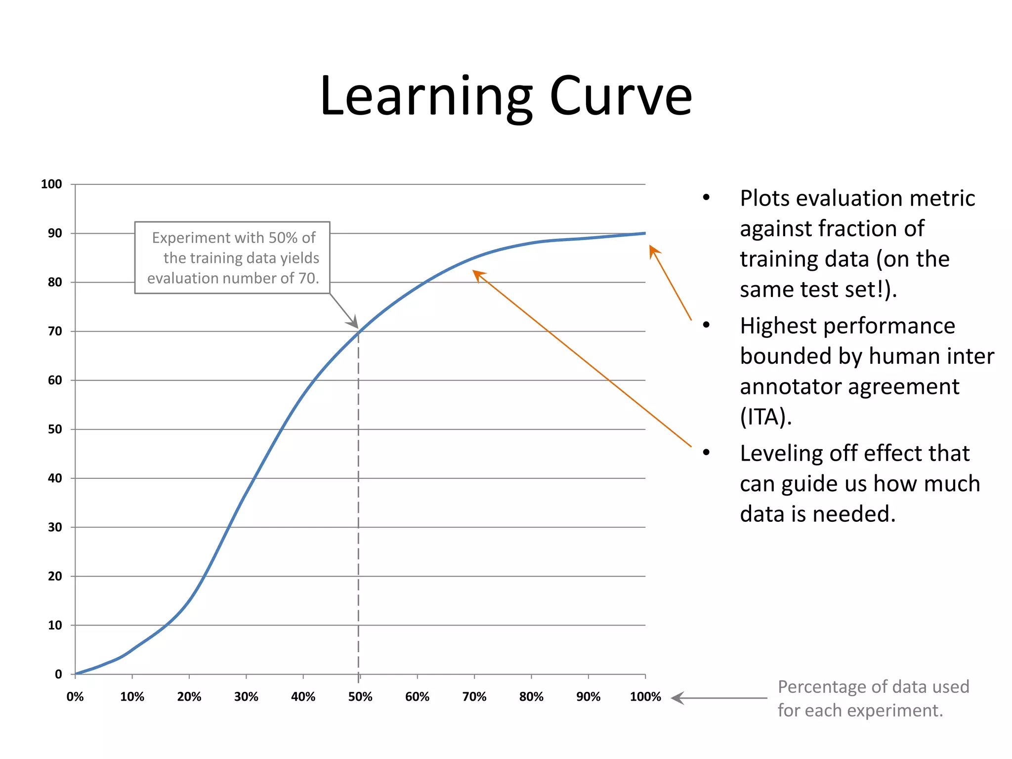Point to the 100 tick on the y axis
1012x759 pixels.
click(51, 184)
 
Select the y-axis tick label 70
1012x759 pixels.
click(55, 331)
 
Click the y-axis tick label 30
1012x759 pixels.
click(55, 527)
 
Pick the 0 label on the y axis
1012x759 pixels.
click(58, 674)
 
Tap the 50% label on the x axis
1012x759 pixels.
click(360, 697)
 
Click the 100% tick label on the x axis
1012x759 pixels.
click(645, 697)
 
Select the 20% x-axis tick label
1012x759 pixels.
click(189, 697)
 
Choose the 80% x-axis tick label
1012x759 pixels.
click(531, 697)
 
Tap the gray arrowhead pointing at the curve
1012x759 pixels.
click(353, 323)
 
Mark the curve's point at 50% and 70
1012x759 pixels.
click(359, 331)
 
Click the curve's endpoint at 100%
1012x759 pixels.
click(644, 233)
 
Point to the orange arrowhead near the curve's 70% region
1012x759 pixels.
click(478, 274)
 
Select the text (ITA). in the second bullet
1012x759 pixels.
click(765, 417)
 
